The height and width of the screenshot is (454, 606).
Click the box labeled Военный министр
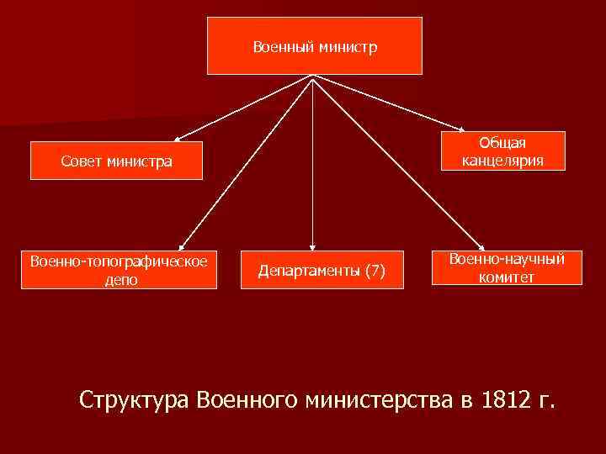[x=315, y=46]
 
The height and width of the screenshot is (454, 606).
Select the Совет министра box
[x=116, y=161]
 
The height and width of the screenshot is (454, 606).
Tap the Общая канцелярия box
[x=502, y=151]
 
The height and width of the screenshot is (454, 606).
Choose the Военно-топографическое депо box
[x=119, y=269]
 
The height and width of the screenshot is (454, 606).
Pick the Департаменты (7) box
[x=322, y=270]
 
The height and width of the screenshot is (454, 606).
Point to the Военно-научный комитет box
[x=506, y=268]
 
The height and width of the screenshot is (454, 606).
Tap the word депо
[x=119, y=280]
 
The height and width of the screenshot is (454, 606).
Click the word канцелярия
[x=502, y=161]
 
